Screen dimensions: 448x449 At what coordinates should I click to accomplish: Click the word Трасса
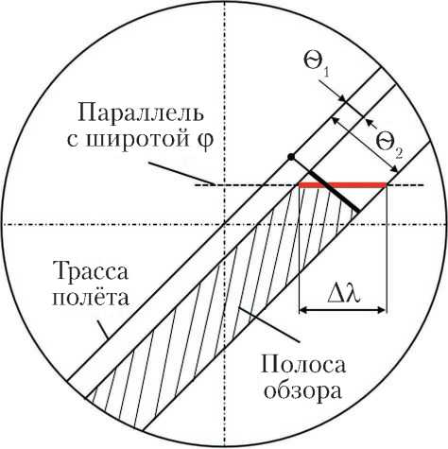[x=91, y=271]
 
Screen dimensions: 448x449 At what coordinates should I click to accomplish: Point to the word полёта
[x=91, y=297]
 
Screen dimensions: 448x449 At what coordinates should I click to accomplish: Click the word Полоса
[x=303, y=365]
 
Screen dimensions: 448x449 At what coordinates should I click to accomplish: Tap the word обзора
[x=302, y=391]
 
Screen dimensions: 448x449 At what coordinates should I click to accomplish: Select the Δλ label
[x=343, y=295]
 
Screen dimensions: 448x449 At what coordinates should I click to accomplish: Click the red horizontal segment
[x=342, y=185]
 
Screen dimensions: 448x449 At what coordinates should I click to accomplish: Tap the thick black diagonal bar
[x=334, y=191]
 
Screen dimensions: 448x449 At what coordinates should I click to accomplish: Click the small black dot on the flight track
[x=291, y=156]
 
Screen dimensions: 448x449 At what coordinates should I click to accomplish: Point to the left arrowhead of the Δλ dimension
[x=302, y=310]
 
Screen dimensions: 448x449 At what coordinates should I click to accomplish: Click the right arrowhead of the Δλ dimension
[x=382, y=310]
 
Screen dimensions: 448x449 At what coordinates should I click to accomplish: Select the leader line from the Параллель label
[x=181, y=173]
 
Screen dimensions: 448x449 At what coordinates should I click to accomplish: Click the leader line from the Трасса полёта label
[x=103, y=330]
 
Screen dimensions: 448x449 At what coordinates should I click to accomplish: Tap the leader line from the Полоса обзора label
[x=268, y=324]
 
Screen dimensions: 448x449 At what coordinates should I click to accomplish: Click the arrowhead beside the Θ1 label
[x=343, y=99]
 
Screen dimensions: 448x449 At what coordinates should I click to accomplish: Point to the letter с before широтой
[x=73, y=141]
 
